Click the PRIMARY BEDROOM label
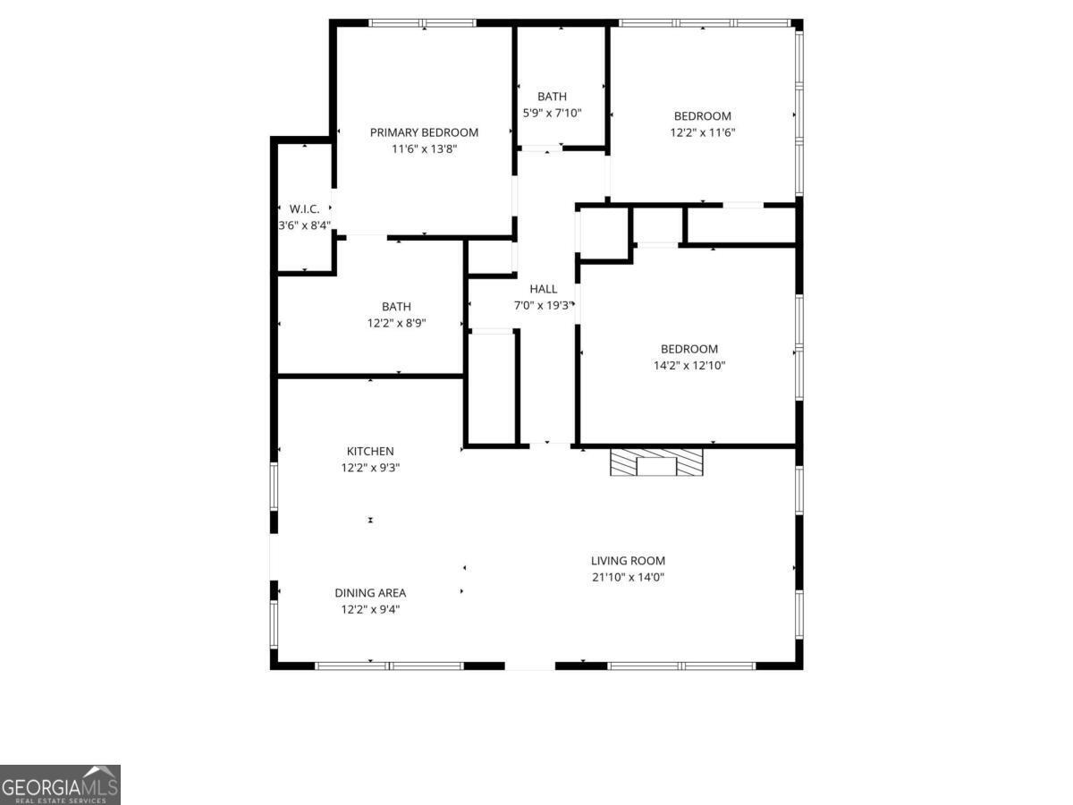point(424,132)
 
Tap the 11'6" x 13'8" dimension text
point(424,149)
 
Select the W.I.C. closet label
point(304,208)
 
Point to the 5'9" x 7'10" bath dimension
point(552,113)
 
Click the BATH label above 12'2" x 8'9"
point(396,307)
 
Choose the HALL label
point(543,289)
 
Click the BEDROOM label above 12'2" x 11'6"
point(702,115)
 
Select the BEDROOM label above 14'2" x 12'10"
point(689,349)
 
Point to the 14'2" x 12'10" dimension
point(689,365)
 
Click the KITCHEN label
point(370,452)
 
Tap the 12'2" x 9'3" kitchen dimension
point(370,468)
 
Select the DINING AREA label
point(370,593)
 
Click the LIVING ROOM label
point(628,561)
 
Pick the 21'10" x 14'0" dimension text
point(628,577)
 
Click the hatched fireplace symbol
point(656,462)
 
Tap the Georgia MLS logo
point(60,784)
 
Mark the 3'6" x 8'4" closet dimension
point(304,225)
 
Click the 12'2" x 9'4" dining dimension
point(370,609)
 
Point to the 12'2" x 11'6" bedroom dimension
point(702,132)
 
